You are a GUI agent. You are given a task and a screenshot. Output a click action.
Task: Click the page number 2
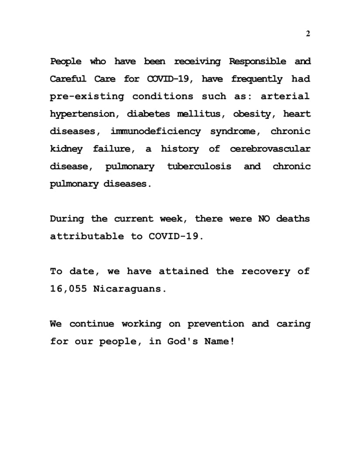[308, 34]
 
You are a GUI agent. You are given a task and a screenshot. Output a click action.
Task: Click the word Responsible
[258, 62]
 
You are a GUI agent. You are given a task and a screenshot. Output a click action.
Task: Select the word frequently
[257, 79]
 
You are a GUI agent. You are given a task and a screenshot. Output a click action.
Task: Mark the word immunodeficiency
[156, 131]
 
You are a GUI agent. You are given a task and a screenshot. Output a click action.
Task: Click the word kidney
[66, 149]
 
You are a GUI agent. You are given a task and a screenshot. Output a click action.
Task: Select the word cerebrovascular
[270, 149]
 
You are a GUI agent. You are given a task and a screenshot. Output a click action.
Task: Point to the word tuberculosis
[199, 166]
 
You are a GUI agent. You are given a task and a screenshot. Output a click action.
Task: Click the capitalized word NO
[264, 219]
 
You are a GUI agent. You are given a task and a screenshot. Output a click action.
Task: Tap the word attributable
[87, 236]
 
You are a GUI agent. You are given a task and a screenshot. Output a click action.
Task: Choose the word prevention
[216, 324]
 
